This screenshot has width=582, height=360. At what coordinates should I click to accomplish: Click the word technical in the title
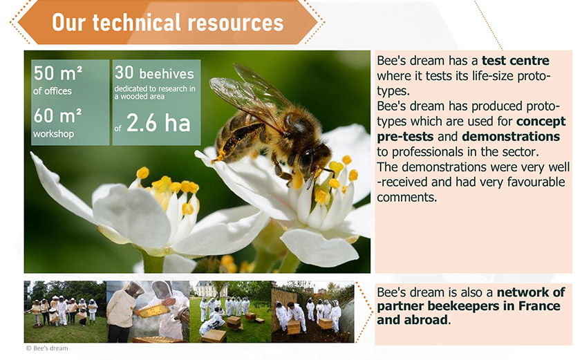pyautogui.click(x=137, y=23)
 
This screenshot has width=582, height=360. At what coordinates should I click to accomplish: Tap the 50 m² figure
pyautogui.click(x=57, y=73)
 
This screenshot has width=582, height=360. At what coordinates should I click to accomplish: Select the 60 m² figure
pyautogui.click(x=57, y=116)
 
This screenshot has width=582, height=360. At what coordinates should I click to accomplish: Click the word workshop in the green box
pyautogui.click(x=53, y=134)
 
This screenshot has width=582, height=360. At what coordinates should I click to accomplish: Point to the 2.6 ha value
pyautogui.click(x=158, y=123)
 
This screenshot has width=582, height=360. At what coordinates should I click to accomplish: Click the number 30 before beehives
pyautogui.click(x=124, y=73)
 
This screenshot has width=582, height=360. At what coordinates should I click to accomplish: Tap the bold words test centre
pyautogui.click(x=515, y=61)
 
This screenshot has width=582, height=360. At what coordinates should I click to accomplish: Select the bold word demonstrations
pyautogui.click(x=511, y=137)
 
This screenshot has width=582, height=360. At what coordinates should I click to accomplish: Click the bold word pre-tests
pyautogui.click(x=405, y=137)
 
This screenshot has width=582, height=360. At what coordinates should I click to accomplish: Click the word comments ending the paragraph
pyautogui.click(x=407, y=198)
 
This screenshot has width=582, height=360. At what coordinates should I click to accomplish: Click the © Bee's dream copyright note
pyautogui.click(x=47, y=348)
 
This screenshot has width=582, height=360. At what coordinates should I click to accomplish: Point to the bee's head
pyautogui.click(x=314, y=157)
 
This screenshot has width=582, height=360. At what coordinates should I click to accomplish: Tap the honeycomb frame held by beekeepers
pyautogui.click(x=153, y=310)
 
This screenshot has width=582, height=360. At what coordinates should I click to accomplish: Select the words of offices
pyautogui.click(x=53, y=91)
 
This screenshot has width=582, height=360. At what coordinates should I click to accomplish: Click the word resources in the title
pyautogui.click(x=236, y=23)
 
